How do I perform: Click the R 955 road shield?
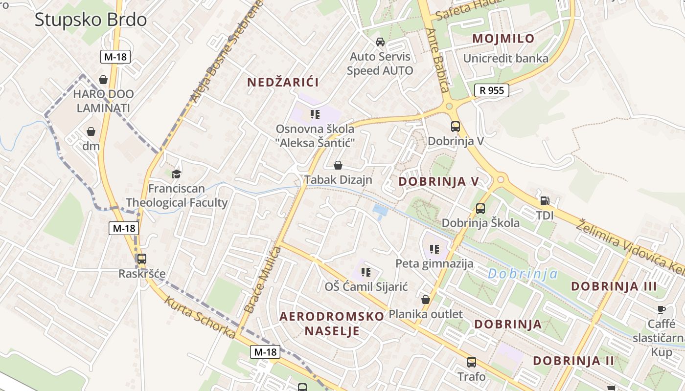pyautogui.click(x=492, y=90)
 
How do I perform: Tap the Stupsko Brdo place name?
pyautogui.click(x=91, y=20)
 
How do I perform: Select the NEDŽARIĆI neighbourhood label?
pyautogui.click(x=283, y=82)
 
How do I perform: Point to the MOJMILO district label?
pyautogui.click(x=503, y=39)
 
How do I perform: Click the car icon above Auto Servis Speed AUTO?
pyautogui.click(x=380, y=42)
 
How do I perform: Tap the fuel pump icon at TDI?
pyautogui.click(x=545, y=200)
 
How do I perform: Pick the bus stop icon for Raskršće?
pyautogui.click(x=141, y=259)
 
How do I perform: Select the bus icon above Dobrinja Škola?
pyautogui.click(x=480, y=209)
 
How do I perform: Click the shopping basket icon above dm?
pyautogui.click(x=91, y=131)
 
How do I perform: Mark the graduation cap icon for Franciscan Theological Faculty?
pyautogui.click(x=176, y=174)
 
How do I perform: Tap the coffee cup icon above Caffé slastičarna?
pyautogui.click(x=661, y=309)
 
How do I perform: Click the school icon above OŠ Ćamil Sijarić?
pyautogui.click(x=365, y=272)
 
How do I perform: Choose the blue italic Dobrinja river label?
pyautogui.click(x=523, y=274)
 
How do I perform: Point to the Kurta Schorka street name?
pyautogui.click(x=200, y=317)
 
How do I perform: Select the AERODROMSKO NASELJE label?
pyautogui.click(x=332, y=324)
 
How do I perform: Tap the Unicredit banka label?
pyautogui.click(x=505, y=59)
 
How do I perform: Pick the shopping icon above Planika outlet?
pyautogui.click(x=426, y=299)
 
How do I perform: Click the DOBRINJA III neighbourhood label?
pyautogui.click(x=614, y=286)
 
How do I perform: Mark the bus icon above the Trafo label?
pyautogui.click(x=471, y=362)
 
